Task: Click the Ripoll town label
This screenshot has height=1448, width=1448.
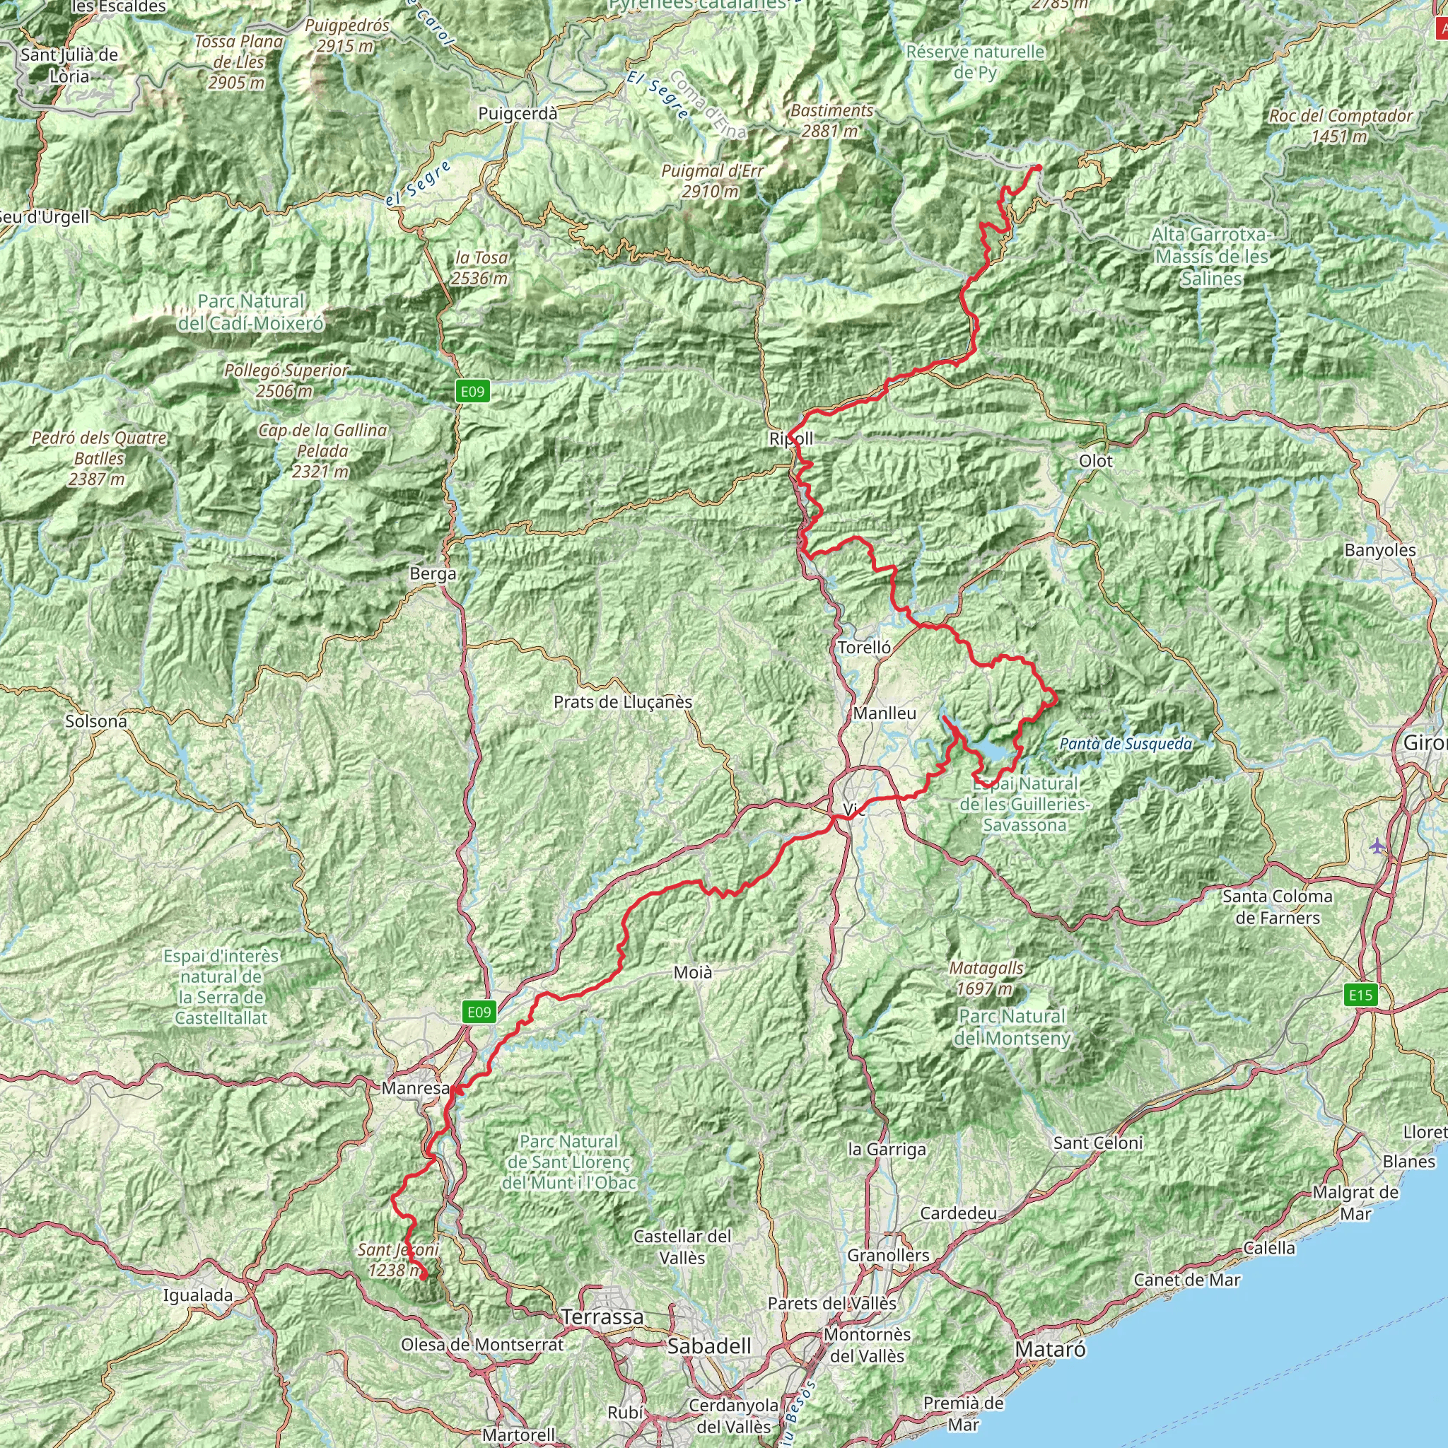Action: coord(790,438)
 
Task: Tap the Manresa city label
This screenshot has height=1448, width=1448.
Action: coord(415,1087)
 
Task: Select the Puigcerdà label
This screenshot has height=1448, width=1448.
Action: coord(518,114)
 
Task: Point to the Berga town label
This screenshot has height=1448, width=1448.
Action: coord(433,573)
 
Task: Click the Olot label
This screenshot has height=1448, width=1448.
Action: coord(1096,461)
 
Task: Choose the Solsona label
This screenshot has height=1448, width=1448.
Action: coord(96,721)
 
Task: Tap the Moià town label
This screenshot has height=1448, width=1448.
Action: coord(692,973)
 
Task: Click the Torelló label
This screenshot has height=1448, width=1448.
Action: coord(864,648)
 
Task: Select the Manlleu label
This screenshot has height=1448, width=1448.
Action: coord(884,713)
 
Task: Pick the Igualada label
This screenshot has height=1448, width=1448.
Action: coord(198,1295)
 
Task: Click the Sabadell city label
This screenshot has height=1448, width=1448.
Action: coord(709,1346)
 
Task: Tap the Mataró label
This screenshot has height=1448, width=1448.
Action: coord(1050,1349)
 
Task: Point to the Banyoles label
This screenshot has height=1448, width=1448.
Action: coord(1380,550)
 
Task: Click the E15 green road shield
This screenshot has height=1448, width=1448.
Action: coord(1360,995)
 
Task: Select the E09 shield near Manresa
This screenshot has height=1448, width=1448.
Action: coord(479,1012)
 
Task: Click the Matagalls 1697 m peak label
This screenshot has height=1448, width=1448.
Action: coord(986,978)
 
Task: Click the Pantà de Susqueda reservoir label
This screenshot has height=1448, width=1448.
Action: coord(1126,745)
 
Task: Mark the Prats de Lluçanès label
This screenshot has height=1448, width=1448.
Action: coord(623,702)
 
